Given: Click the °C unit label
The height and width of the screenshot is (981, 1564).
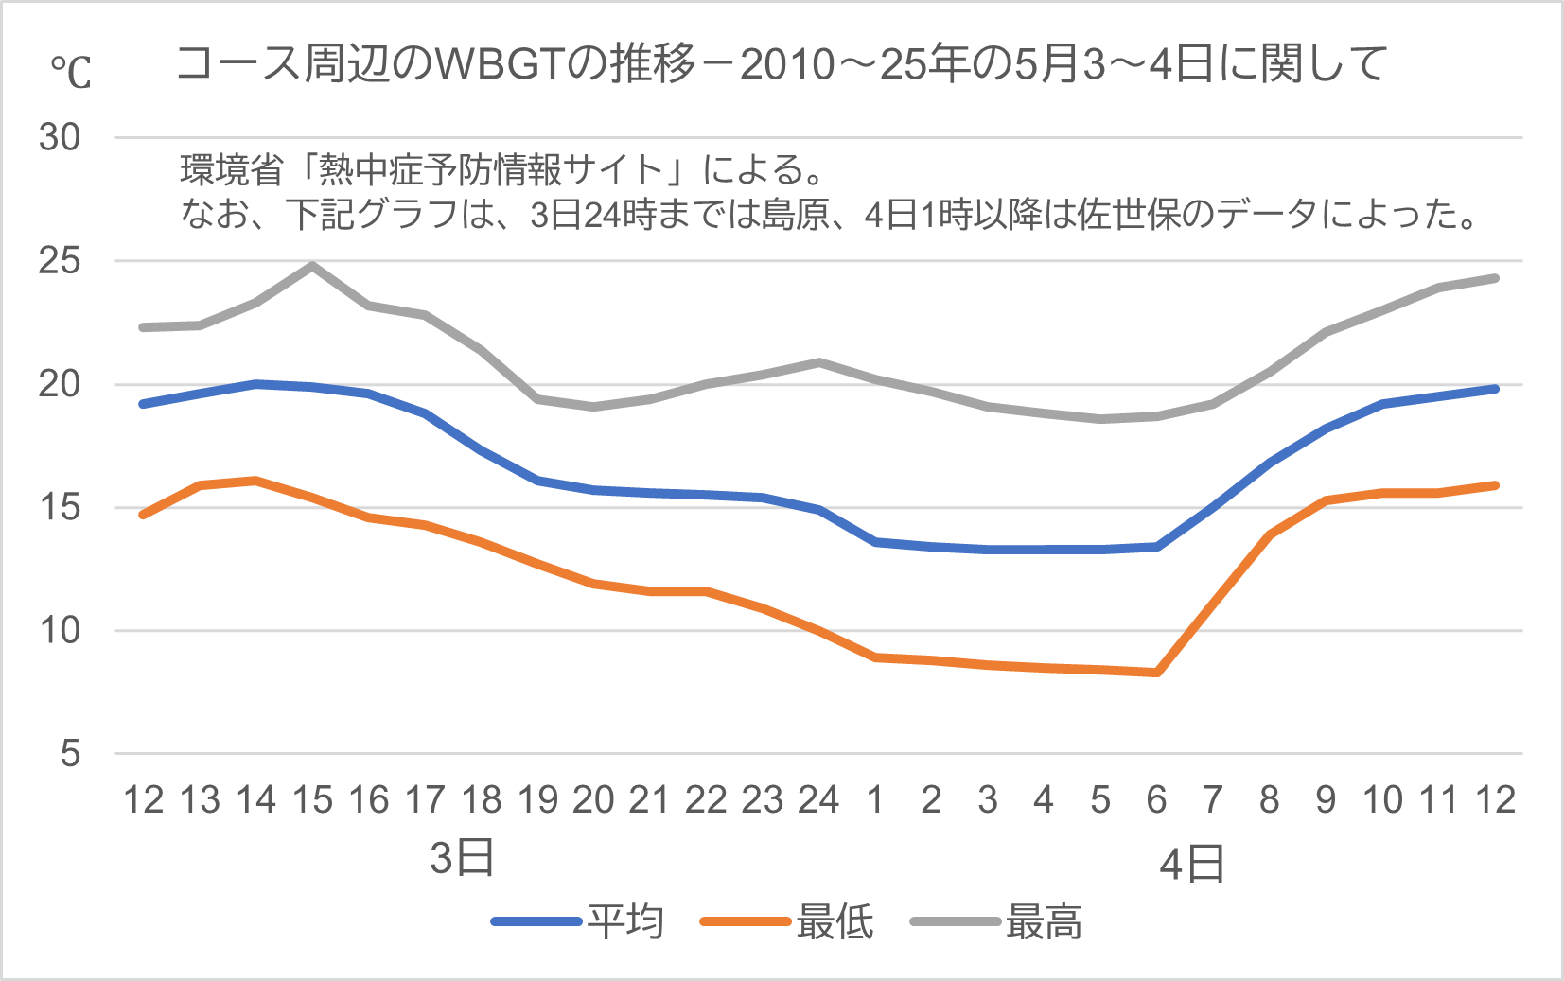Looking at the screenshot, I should pyautogui.click(x=70, y=72).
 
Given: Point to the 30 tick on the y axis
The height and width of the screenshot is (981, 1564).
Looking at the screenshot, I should pyautogui.click(x=60, y=138).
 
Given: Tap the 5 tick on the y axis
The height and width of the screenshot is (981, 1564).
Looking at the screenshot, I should pyautogui.click(x=70, y=754).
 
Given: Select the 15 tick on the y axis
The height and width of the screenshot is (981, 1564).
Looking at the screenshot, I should pyautogui.click(x=60, y=508).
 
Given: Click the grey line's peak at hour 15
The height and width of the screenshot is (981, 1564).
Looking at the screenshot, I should pyautogui.click(x=312, y=266).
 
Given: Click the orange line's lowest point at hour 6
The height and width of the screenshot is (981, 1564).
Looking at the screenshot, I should pyautogui.click(x=1157, y=673).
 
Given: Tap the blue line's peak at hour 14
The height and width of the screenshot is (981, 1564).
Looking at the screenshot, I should pyautogui.click(x=256, y=384).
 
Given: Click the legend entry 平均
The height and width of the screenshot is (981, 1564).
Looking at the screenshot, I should pyautogui.click(x=624, y=921).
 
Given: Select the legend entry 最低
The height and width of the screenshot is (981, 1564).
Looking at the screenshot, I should pyautogui.click(x=834, y=921).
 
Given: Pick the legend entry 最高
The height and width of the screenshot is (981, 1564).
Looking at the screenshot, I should pyautogui.click(x=1043, y=921).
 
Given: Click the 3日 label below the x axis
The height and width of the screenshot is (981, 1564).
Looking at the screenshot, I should pyautogui.click(x=462, y=858).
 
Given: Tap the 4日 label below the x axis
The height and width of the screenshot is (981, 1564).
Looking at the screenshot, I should pyautogui.click(x=1192, y=864).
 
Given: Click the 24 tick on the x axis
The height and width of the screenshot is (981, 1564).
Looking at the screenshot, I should pyautogui.click(x=818, y=800).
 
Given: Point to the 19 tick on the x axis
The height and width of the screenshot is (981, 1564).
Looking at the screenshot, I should pyautogui.click(x=537, y=800).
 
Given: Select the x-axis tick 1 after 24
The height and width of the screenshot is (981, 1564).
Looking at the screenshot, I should pyautogui.click(x=875, y=800).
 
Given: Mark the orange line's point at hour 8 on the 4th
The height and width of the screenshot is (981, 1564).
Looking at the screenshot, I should pyautogui.click(x=1270, y=534).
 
